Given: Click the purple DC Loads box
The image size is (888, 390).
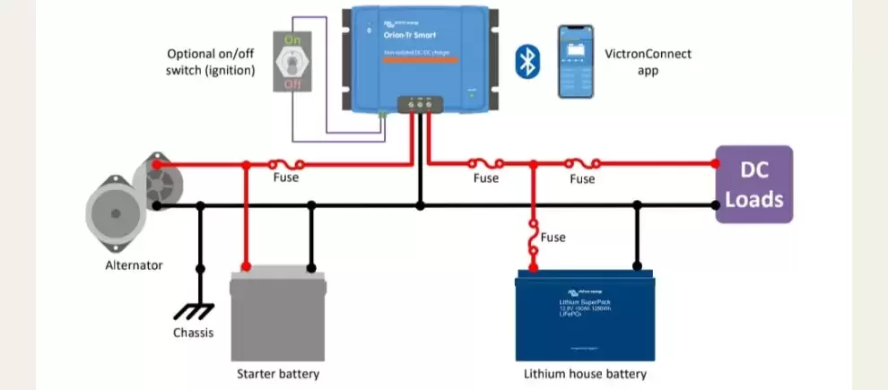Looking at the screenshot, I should pos(753,184).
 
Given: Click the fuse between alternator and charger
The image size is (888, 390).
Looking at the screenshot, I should pos(285,164).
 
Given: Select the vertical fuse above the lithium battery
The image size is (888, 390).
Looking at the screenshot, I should pos(534,238).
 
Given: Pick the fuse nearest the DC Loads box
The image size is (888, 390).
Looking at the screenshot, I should pos(582,164).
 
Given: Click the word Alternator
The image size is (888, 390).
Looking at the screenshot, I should pos(134,265).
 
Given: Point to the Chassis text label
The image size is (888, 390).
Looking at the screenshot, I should pos(195,334).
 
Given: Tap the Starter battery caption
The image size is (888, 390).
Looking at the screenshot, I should pos(277,373).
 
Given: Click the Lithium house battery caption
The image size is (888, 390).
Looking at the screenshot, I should pos(585,373).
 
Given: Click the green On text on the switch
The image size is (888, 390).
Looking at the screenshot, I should pos(292,40).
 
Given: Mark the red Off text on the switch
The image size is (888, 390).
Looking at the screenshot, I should pos(292,83).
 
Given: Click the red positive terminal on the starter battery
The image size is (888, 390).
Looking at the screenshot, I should pos(245,267).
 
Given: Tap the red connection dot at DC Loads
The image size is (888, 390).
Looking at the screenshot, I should pos(715,164).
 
